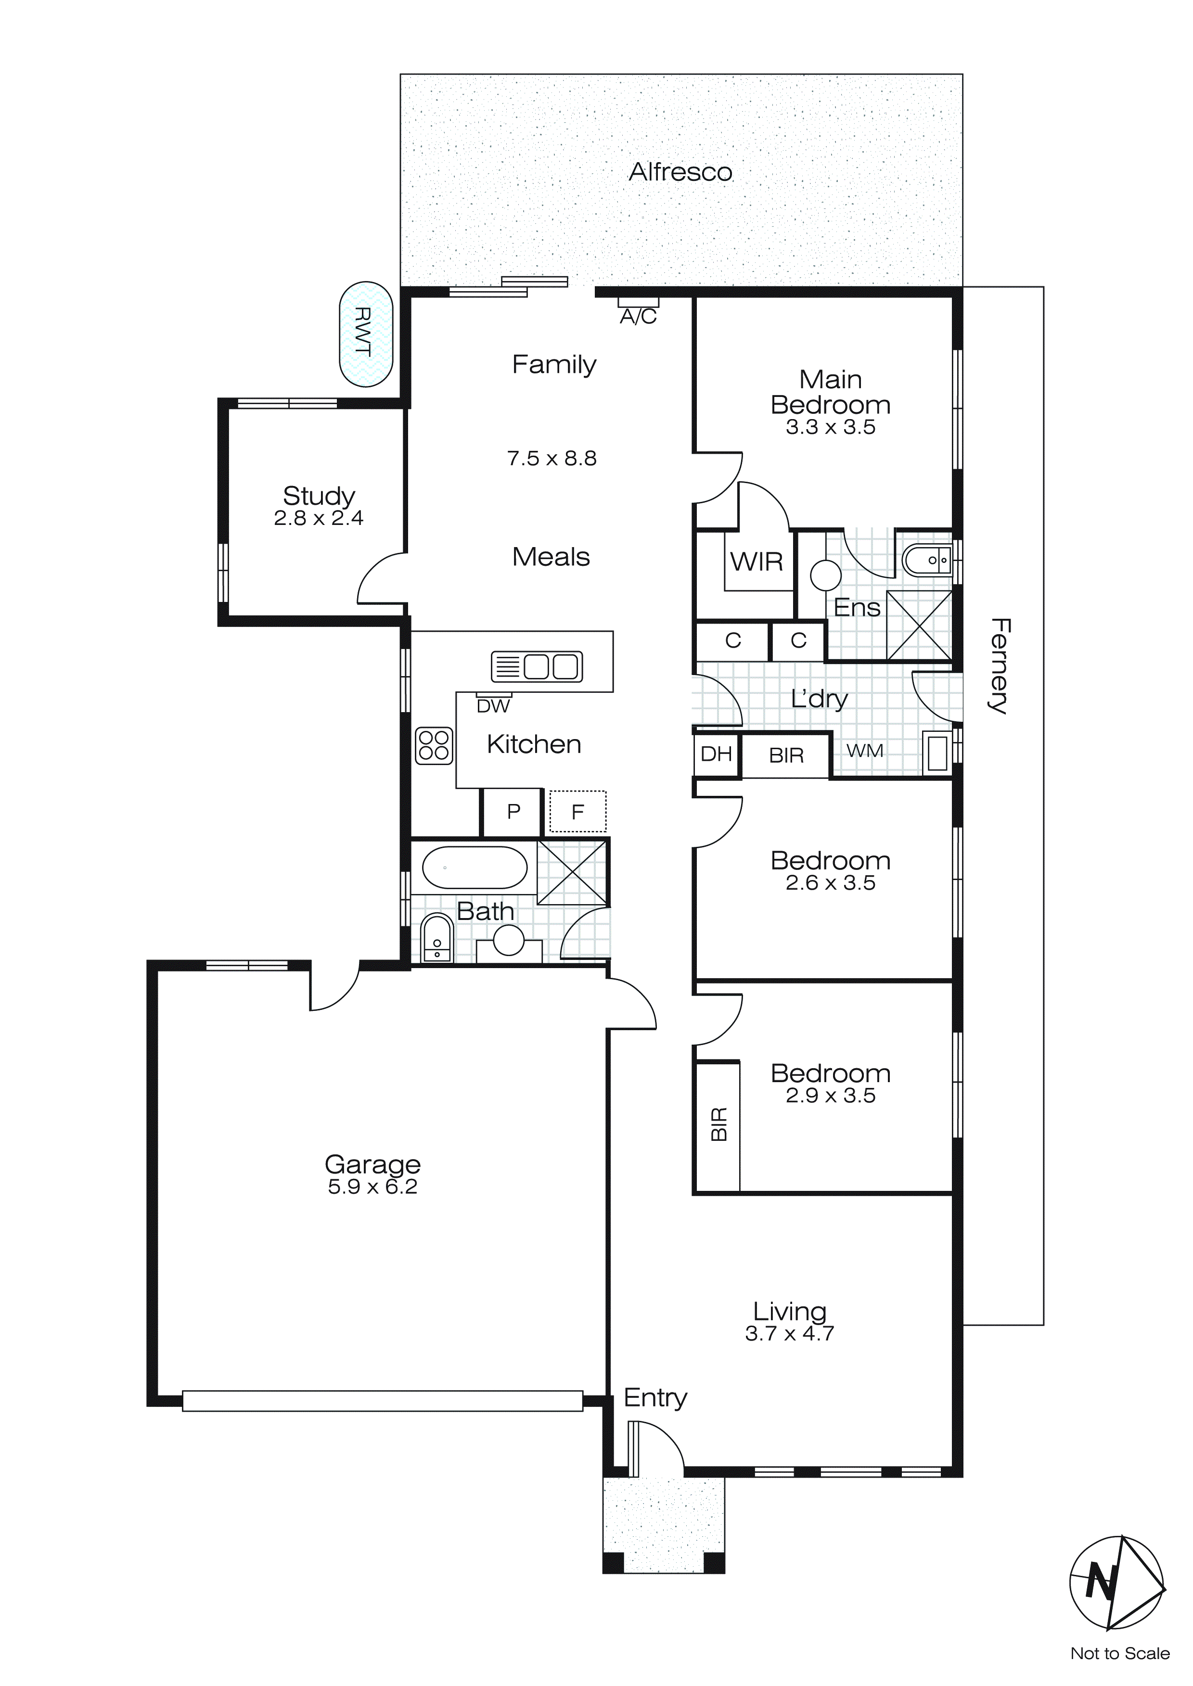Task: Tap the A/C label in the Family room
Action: [639, 317]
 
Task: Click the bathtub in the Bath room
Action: [475, 869]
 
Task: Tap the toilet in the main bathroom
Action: [437, 938]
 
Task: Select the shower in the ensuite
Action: [919, 625]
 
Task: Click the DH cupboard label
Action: [716, 754]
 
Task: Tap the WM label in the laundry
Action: [865, 751]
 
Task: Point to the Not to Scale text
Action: [1119, 1654]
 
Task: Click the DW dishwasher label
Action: [493, 706]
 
